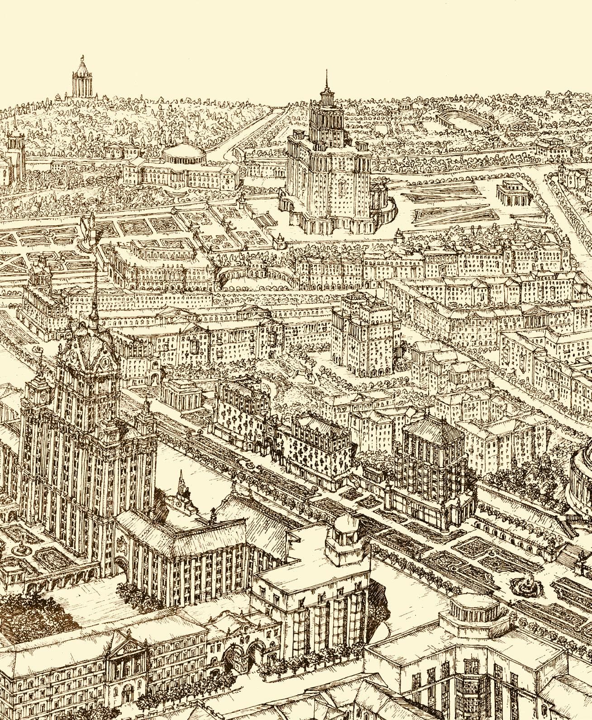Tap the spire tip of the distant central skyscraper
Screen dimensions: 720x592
[325, 72]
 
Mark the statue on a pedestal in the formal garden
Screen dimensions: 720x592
[88, 228]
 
